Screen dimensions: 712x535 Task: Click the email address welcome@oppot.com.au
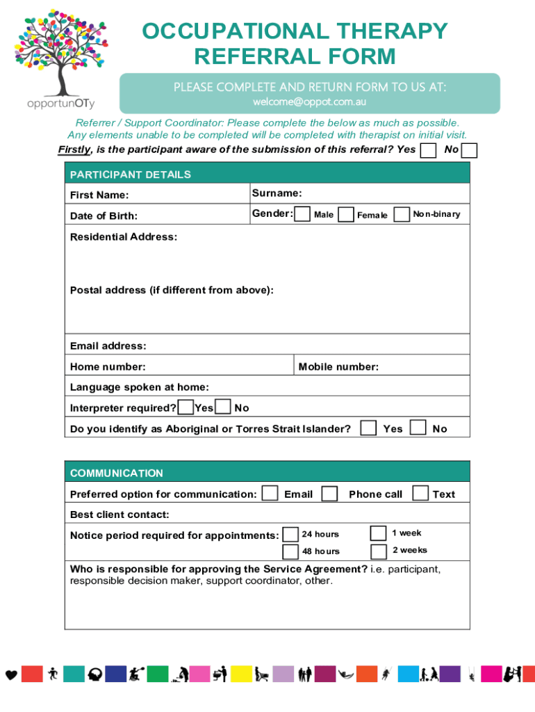tap(309, 102)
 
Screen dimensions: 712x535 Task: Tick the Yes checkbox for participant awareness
tap(429, 150)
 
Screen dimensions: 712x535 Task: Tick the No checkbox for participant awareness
tap(470, 150)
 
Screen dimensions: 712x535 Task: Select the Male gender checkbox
tap(302, 214)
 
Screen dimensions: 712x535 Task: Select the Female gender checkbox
tap(345, 215)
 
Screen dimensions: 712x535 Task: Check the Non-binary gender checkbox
tap(402, 214)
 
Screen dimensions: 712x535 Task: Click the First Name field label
tap(99, 195)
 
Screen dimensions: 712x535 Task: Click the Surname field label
tap(277, 193)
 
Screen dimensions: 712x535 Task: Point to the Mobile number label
tap(338, 366)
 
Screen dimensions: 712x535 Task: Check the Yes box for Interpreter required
tap(186, 407)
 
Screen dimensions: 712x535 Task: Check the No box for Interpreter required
tap(224, 407)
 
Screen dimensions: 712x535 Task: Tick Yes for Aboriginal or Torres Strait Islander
tap(370, 428)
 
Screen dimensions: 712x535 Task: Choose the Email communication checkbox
tap(270, 494)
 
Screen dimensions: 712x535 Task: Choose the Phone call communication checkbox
tap(330, 494)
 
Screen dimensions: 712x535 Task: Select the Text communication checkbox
tap(420, 493)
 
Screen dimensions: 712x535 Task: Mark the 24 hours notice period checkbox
tap(290, 534)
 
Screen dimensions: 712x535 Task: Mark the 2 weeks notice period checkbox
tap(378, 551)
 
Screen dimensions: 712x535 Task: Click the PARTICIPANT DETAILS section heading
tap(131, 174)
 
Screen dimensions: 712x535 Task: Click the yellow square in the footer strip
tap(241, 674)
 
